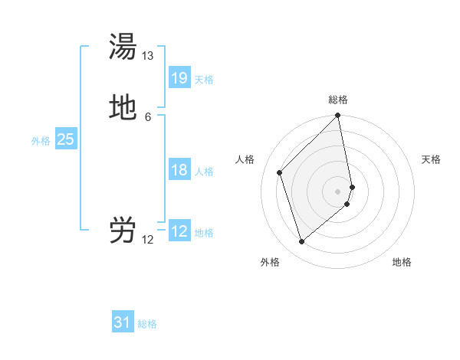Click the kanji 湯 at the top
click(x=123, y=47)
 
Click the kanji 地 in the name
click(x=123, y=107)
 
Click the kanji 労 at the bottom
click(x=123, y=230)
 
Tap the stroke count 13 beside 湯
click(x=148, y=57)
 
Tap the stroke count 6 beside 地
click(x=148, y=116)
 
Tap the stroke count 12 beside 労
click(x=148, y=240)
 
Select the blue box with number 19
click(x=179, y=78)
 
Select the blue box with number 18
click(x=179, y=170)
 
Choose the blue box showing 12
click(x=179, y=231)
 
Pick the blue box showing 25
click(x=66, y=139)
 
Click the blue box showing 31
click(x=123, y=322)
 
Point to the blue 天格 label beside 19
click(x=204, y=80)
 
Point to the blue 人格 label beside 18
click(x=204, y=172)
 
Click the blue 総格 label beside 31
click(x=147, y=324)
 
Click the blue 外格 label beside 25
click(x=41, y=141)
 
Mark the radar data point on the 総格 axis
click(x=338, y=116)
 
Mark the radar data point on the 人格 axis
click(x=280, y=172)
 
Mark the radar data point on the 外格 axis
click(x=301, y=242)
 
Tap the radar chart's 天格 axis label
click(x=431, y=159)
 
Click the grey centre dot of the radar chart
click(x=338, y=191)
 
